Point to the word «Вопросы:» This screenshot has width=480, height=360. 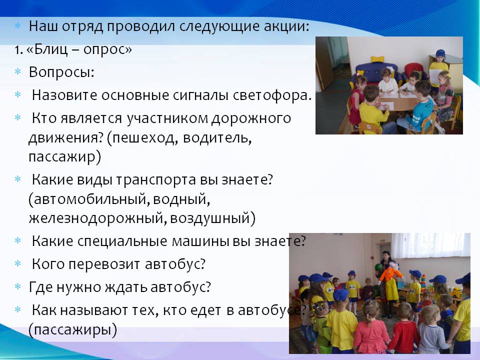(x=61, y=72)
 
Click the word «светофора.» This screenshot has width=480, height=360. (x=272, y=95)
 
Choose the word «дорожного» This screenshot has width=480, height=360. (x=251, y=118)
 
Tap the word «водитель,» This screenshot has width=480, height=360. (x=217, y=138)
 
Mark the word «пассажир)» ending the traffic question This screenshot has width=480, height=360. (x=65, y=157)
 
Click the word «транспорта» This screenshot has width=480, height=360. (x=156, y=180)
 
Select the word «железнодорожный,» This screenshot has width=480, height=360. (x=98, y=218)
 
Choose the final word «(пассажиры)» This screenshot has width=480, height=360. (x=73, y=329)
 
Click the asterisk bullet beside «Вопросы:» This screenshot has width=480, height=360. (x=18, y=71)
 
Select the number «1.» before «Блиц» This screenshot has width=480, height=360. (x=19, y=50)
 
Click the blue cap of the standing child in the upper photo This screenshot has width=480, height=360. (x=440, y=53)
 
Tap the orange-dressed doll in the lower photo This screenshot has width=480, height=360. (x=389, y=281)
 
